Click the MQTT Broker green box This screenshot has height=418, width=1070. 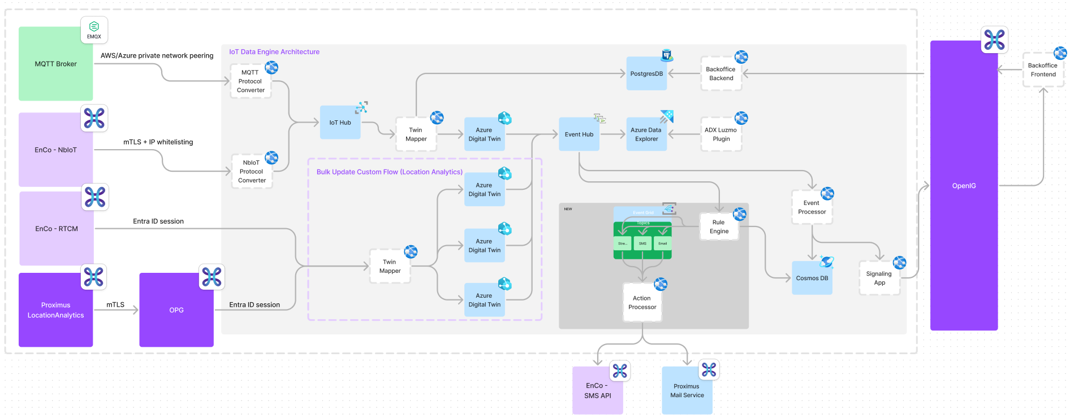[55, 64]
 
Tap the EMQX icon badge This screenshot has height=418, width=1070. [94, 30]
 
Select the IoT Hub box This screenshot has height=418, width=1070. [340, 123]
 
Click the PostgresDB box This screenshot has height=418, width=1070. [646, 73]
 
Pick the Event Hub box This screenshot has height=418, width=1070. [579, 134]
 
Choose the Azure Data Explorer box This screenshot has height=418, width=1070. [646, 134]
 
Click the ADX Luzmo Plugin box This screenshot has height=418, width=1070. [720, 134]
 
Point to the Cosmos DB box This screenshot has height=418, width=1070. [812, 278]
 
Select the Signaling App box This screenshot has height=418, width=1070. [879, 278]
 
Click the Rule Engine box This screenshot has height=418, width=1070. [719, 227]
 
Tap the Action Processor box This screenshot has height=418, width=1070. [642, 303]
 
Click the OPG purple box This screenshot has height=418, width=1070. [176, 310]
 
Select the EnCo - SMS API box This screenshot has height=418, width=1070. [597, 391]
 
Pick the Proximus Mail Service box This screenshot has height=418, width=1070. [687, 391]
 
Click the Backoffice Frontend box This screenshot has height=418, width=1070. [1043, 70]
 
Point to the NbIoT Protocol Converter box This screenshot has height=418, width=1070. [252, 172]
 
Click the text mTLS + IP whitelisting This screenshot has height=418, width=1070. [158, 142]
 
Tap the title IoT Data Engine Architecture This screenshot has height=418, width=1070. [274, 52]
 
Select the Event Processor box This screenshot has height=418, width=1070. [812, 207]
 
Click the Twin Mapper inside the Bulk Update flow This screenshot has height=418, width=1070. [390, 266]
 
